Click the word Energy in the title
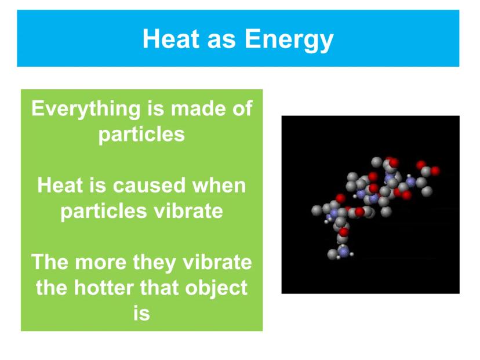pyautogui.click(x=289, y=40)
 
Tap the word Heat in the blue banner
pyautogui.click(x=171, y=39)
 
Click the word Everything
pyautogui.click(x=86, y=110)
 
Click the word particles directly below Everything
pyautogui.click(x=141, y=135)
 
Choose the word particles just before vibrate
pyautogui.click(x=104, y=212)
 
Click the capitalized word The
pyautogui.click(x=50, y=262)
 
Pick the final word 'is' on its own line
pyautogui.click(x=141, y=314)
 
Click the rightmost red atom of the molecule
pyautogui.click(x=435, y=170)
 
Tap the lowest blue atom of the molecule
pyautogui.click(x=344, y=252)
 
